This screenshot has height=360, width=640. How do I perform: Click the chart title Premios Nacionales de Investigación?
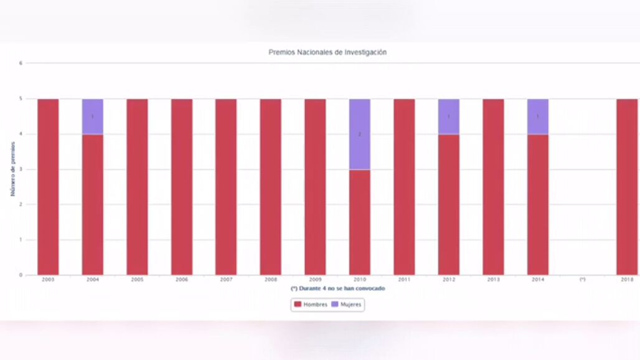tap(327, 52)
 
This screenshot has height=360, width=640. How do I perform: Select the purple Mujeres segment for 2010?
tap(359, 134)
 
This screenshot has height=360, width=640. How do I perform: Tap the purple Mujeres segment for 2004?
tap(93, 116)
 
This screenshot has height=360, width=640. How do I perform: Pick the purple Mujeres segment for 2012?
tap(448, 116)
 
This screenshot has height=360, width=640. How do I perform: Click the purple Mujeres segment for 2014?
tap(538, 116)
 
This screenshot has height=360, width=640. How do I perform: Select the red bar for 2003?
tap(48, 187)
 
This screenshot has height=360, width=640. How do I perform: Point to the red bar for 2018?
tap(627, 187)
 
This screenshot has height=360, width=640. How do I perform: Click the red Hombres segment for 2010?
tap(359, 222)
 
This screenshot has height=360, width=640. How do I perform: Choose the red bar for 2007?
tap(226, 187)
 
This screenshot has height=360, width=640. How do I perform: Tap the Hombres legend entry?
tap(311, 305)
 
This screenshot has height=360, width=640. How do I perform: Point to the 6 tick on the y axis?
tap(21, 63)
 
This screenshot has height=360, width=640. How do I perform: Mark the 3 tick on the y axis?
tap(21, 169)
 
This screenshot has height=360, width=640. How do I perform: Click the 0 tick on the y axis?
tap(21, 275)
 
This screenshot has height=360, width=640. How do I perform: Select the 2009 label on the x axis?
tap(315, 280)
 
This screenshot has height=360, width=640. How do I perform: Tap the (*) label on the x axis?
tap(582, 280)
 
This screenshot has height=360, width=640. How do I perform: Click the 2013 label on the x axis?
tap(493, 280)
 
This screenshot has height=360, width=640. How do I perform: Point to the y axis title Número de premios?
tap(12, 169)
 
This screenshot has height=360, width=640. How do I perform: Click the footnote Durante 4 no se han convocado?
tap(338, 289)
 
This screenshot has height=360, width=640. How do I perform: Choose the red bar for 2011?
tap(404, 187)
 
